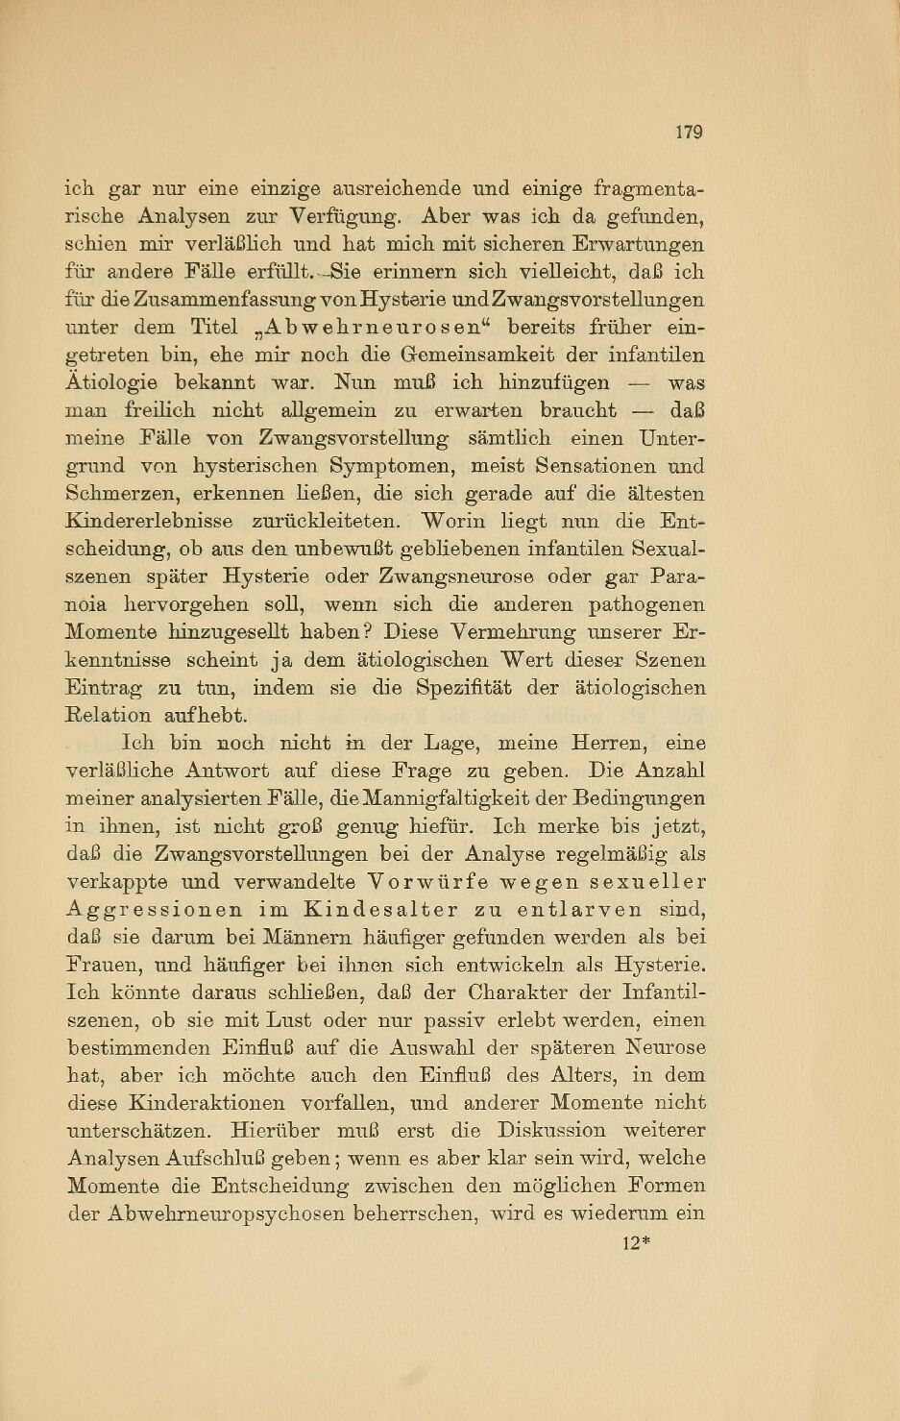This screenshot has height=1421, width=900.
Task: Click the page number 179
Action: click(x=689, y=132)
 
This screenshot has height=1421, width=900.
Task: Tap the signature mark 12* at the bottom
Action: click(x=637, y=1242)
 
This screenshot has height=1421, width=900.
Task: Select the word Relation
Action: click(x=108, y=716)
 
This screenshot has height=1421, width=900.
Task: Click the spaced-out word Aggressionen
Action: click(x=154, y=909)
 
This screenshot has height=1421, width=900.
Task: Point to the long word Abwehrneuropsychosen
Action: click(x=207, y=1213)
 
